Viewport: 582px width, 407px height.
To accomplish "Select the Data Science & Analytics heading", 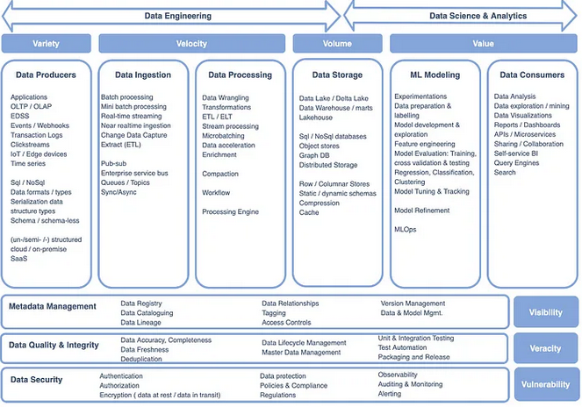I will [466, 15].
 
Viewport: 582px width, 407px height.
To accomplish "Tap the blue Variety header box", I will [47, 43].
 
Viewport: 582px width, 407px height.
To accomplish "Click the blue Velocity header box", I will [192, 43].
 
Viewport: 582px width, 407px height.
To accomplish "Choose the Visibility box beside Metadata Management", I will [545, 311].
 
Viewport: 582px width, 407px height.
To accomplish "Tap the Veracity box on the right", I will [545, 348].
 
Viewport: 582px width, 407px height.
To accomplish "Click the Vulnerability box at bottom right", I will [545, 384].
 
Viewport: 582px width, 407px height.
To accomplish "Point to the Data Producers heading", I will [46, 75].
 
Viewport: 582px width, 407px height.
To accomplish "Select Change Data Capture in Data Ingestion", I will [133, 136].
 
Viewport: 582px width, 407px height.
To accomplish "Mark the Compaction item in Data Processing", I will [221, 174].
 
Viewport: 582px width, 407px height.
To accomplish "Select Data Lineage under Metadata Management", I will [141, 323].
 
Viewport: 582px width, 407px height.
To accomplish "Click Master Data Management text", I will [301, 353].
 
